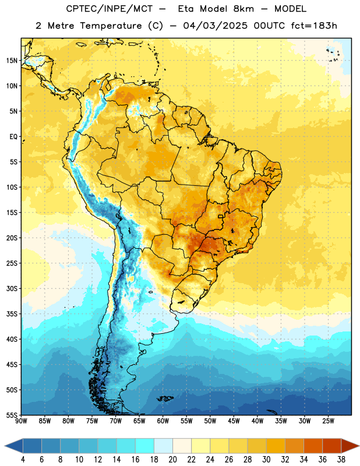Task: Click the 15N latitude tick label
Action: pyautogui.click(x=12, y=61)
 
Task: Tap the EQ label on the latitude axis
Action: pyautogui.click(x=13, y=137)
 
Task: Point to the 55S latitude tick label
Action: pyautogui.click(x=12, y=415)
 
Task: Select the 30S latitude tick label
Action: pyautogui.click(x=12, y=288)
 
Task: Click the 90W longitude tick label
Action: pyautogui.click(x=21, y=421)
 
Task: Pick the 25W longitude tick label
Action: pyautogui.click(x=328, y=421)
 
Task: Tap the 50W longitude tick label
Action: pyautogui.click(x=210, y=421)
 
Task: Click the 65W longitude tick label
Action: pyautogui.click(x=139, y=421)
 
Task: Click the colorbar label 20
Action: pyautogui.click(x=172, y=460)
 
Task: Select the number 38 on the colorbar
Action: pyautogui.click(x=341, y=460)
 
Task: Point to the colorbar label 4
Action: pyautogui.click(x=23, y=460)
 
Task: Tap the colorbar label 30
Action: pyautogui.click(x=266, y=460)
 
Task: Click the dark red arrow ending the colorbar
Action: pyautogui.click(x=350, y=446)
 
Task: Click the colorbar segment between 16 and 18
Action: pyautogui.click(x=144, y=446)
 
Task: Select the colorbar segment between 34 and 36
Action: pyautogui.click(x=313, y=446)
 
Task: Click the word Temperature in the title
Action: pyautogui.click(x=111, y=26)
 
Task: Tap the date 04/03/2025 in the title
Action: pyautogui.click(x=215, y=26)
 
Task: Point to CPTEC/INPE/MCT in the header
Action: pyautogui.click(x=109, y=9)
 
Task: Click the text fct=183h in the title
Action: pyautogui.click(x=314, y=26)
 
